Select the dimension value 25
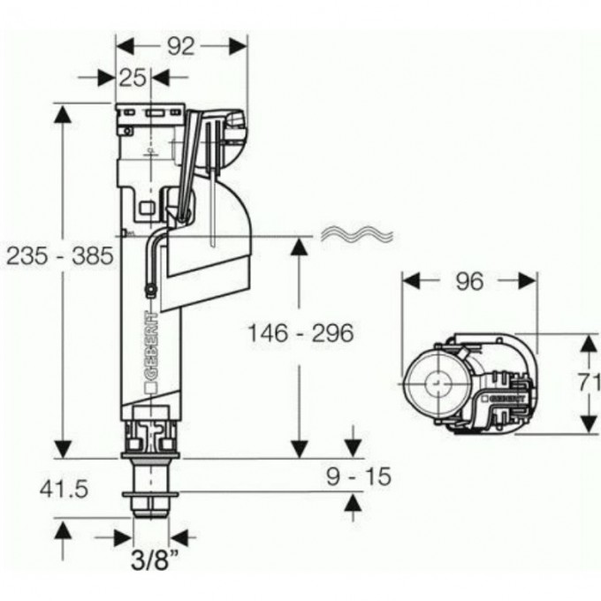[x=133, y=78]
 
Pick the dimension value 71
[x=589, y=384]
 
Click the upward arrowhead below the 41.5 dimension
[x=63, y=529]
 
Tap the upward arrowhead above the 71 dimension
[x=588, y=342]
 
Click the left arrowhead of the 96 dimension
[x=409, y=280]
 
